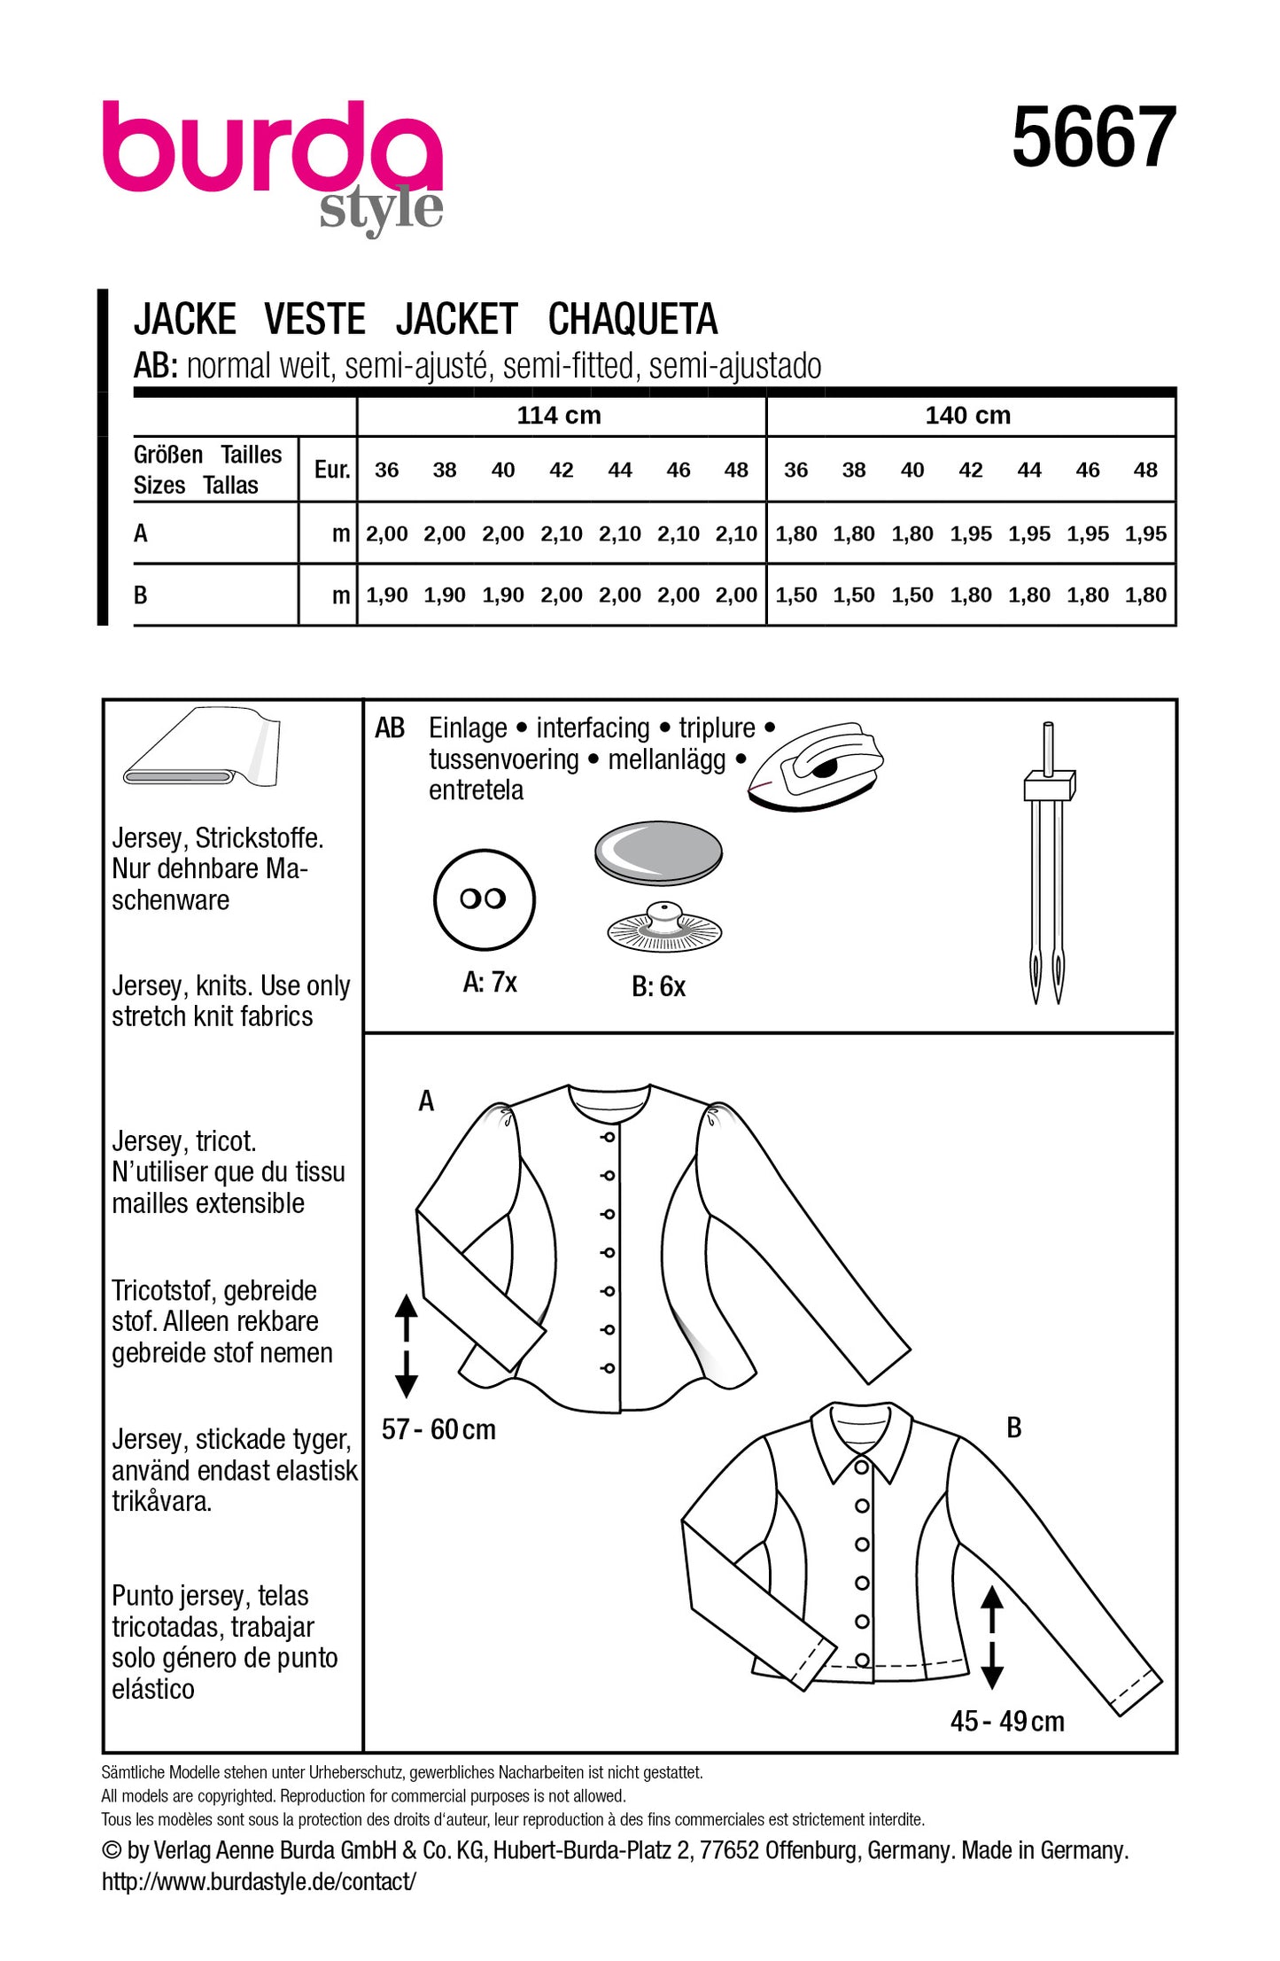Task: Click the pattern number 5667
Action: [x=1093, y=137]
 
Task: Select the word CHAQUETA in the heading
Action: [x=632, y=320]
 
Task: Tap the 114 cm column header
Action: [x=559, y=415]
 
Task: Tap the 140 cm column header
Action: [x=967, y=415]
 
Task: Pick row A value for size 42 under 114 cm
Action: [x=562, y=533]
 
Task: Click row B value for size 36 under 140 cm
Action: [x=795, y=595]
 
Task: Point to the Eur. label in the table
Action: [x=331, y=470]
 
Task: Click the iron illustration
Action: [x=815, y=764]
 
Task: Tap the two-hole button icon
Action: [x=484, y=899]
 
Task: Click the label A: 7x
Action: [x=490, y=982]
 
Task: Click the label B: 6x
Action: [x=658, y=986]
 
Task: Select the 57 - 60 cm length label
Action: [x=438, y=1428]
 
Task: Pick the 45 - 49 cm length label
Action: [x=1006, y=1721]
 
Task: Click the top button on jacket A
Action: [x=609, y=1136]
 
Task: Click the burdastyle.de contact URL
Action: [x=258, y=1881]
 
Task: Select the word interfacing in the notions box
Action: [x=593, y=728]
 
